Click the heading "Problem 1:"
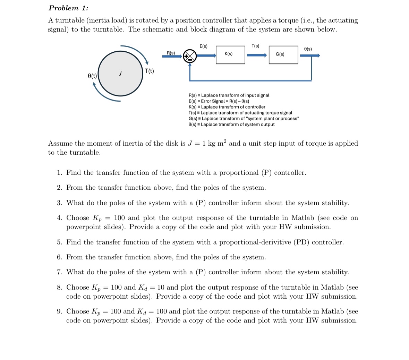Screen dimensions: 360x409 click(68, 8)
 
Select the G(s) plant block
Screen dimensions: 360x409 click(283, 55)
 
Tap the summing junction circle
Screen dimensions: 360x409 click(190, 56)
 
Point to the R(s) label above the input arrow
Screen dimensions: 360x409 click(171, 53)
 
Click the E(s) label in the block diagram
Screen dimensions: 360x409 click(204, 46)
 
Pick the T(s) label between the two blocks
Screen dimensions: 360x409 click(255, 46)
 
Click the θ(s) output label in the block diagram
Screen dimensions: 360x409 click(308, 49)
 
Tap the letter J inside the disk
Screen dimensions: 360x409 click(120, 73)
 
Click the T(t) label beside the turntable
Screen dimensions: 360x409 click(150, 71)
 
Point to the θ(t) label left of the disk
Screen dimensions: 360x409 click(92, 76)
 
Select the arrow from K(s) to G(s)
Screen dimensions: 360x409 click(257, 55)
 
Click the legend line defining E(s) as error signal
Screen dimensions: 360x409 click(219, 101)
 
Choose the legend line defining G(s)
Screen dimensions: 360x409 click(244, 119)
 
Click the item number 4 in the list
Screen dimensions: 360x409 click(60, 218)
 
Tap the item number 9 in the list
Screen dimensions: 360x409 click(60, 311)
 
